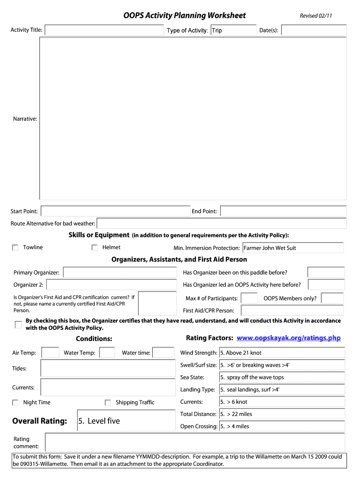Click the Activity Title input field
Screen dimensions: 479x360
(104, 30)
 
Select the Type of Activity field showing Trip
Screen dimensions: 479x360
(232, 30)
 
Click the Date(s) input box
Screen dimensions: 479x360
(314, 30)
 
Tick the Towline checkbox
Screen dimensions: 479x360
(15, 247)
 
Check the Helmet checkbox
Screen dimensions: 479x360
(94, 247)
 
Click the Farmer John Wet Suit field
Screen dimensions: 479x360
(293, 248)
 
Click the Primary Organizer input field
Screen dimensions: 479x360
(119, 273)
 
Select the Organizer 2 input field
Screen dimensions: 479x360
(111, 285)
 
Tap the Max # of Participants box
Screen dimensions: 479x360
(249, 298)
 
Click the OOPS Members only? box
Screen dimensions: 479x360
(332, 298)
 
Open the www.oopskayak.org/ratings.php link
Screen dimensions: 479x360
(288, 338)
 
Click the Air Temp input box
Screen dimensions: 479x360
(50, 353)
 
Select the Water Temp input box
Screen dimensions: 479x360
(107, 353)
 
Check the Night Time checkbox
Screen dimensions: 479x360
(15, 403)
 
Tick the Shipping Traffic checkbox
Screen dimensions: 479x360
(108, 403)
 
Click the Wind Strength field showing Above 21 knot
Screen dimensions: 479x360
(282, 353)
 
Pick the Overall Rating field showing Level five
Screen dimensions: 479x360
(126, 421)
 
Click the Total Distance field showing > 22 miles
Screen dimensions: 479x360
(282, 414)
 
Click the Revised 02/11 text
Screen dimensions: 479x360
(316, 16)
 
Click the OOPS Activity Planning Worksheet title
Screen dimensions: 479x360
(184, 15)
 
